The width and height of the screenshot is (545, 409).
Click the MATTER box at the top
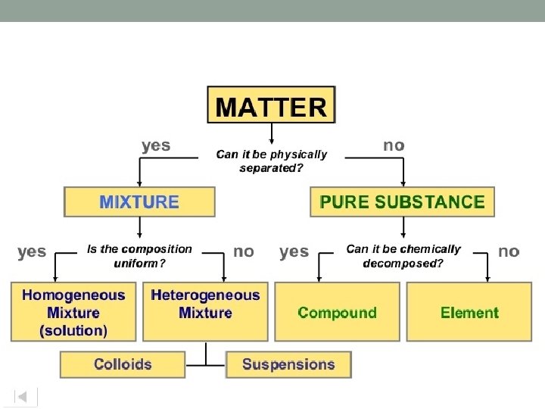271,105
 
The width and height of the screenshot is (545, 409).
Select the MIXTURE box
139,202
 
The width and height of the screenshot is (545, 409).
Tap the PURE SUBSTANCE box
402,202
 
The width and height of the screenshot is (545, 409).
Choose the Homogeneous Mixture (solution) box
74,312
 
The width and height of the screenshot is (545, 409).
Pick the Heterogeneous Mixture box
205,312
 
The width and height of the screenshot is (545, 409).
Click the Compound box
337,312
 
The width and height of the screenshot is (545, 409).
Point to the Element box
469,312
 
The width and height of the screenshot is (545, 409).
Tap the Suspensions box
288,364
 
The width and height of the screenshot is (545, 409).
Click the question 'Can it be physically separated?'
272,161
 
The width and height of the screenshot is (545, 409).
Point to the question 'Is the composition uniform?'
139,256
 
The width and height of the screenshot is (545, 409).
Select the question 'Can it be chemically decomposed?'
403,256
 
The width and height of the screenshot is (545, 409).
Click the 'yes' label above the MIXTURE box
156,145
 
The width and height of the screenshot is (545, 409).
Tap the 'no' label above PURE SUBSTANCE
394,145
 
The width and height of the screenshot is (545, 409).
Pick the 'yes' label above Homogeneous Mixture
32,251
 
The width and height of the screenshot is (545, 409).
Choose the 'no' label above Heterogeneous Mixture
244,251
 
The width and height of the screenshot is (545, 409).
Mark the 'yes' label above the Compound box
294,251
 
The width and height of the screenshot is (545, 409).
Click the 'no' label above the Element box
509,251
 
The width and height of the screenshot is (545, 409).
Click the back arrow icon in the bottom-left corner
23,396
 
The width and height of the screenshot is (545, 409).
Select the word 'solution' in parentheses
74,330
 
